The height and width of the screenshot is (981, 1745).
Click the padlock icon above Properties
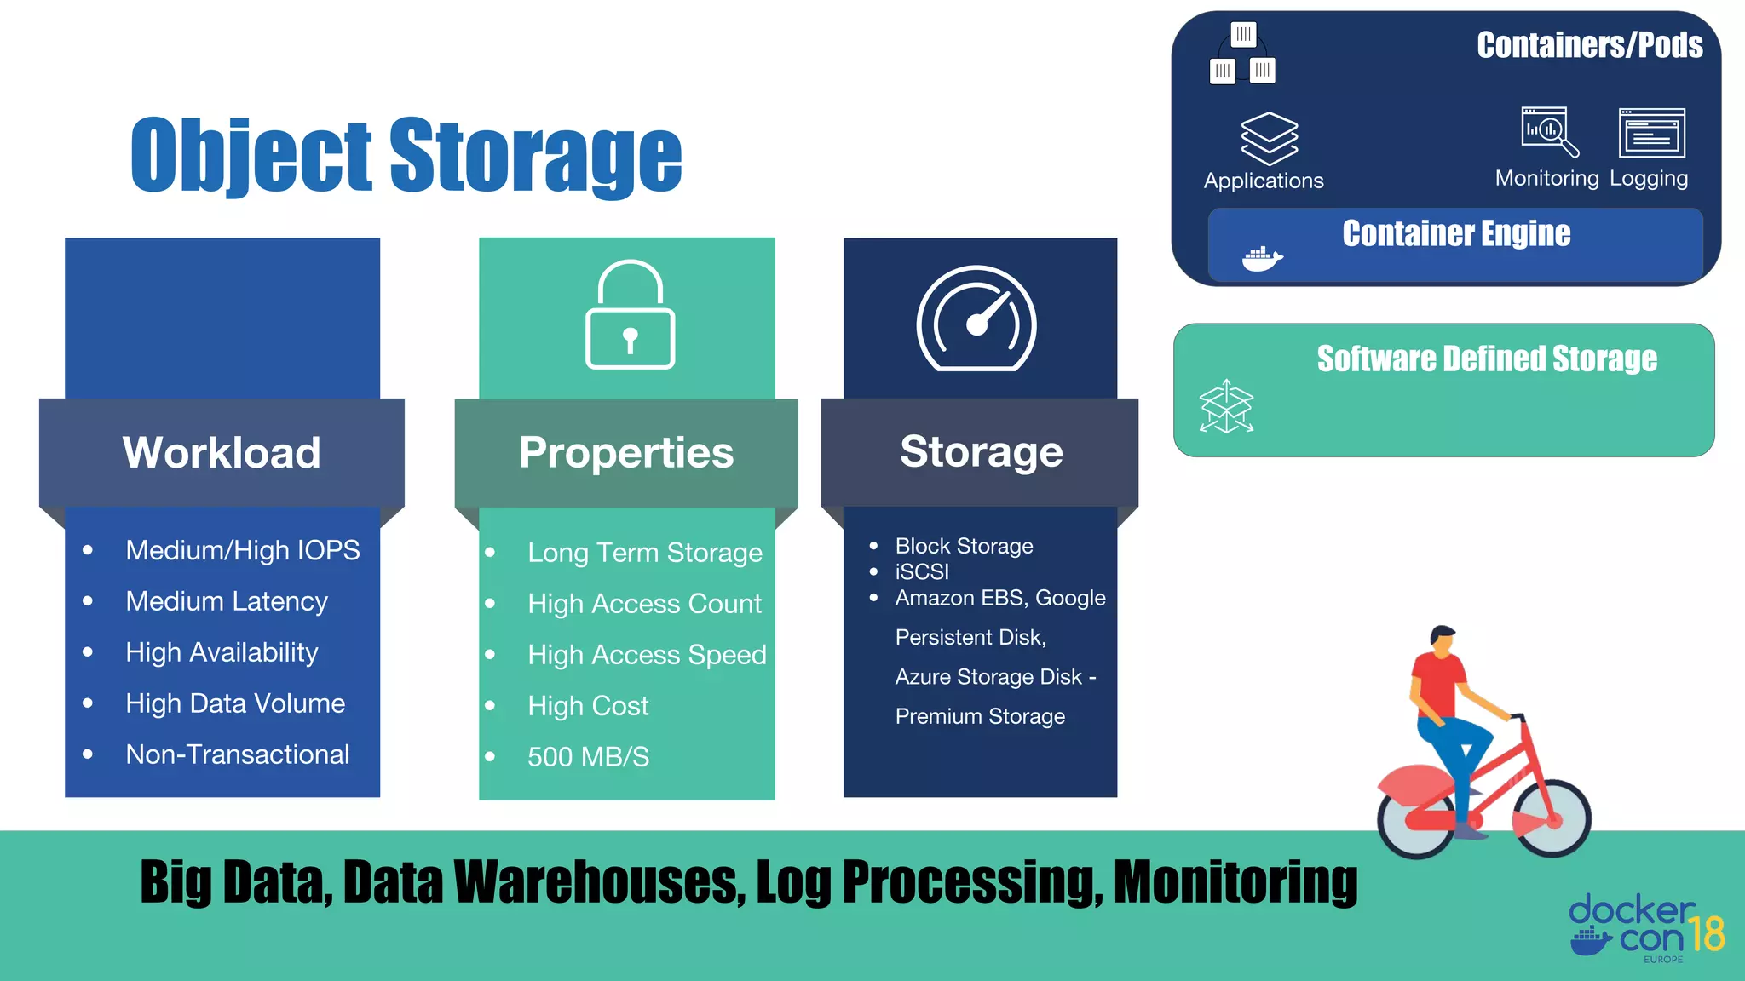(x=630, y=315)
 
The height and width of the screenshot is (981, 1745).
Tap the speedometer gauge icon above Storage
(x=976, y=319)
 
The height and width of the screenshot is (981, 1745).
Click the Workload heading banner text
(x=222, y=452)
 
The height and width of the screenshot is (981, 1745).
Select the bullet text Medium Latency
(x=227, y=601)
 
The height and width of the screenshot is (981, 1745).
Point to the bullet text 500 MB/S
(x=588, y=756)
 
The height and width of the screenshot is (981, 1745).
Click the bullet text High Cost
(x=588, y=705)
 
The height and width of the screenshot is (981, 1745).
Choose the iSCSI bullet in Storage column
(x=922, y=571)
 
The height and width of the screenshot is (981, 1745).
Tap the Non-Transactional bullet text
(x=237, y=754)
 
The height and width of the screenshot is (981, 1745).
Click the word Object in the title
(x=251, y=155)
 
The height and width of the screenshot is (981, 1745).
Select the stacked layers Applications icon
(x=1269, y=138)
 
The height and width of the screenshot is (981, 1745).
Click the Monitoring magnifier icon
(x=1548, y=131)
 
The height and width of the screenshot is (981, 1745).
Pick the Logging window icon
(x=1651, y=133)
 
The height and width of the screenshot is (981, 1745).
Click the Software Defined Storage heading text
(x=1487, y=359)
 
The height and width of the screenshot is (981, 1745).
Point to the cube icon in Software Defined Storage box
(x=1226, y=406)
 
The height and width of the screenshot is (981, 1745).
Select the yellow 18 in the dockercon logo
(x=1706, y=934)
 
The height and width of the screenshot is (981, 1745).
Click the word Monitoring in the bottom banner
(x=1235, y=882)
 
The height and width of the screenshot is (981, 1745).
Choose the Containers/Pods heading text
(x=1589, y=45)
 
